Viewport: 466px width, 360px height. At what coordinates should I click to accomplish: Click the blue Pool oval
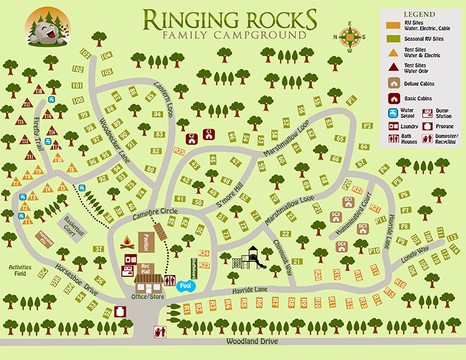[x=185, y=286]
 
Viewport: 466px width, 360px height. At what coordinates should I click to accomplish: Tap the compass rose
[x=350, y=38]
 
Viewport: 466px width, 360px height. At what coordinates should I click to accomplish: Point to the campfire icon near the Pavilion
[x=127, y=241]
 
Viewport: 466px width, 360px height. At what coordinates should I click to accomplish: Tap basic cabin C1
[x=209, y=135]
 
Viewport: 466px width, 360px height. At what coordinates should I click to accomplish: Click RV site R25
[x=180, y=150]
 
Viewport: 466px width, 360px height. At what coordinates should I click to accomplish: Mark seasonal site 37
[x=99, y=249]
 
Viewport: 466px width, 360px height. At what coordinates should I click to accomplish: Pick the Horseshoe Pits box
[x=43, y=238]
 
